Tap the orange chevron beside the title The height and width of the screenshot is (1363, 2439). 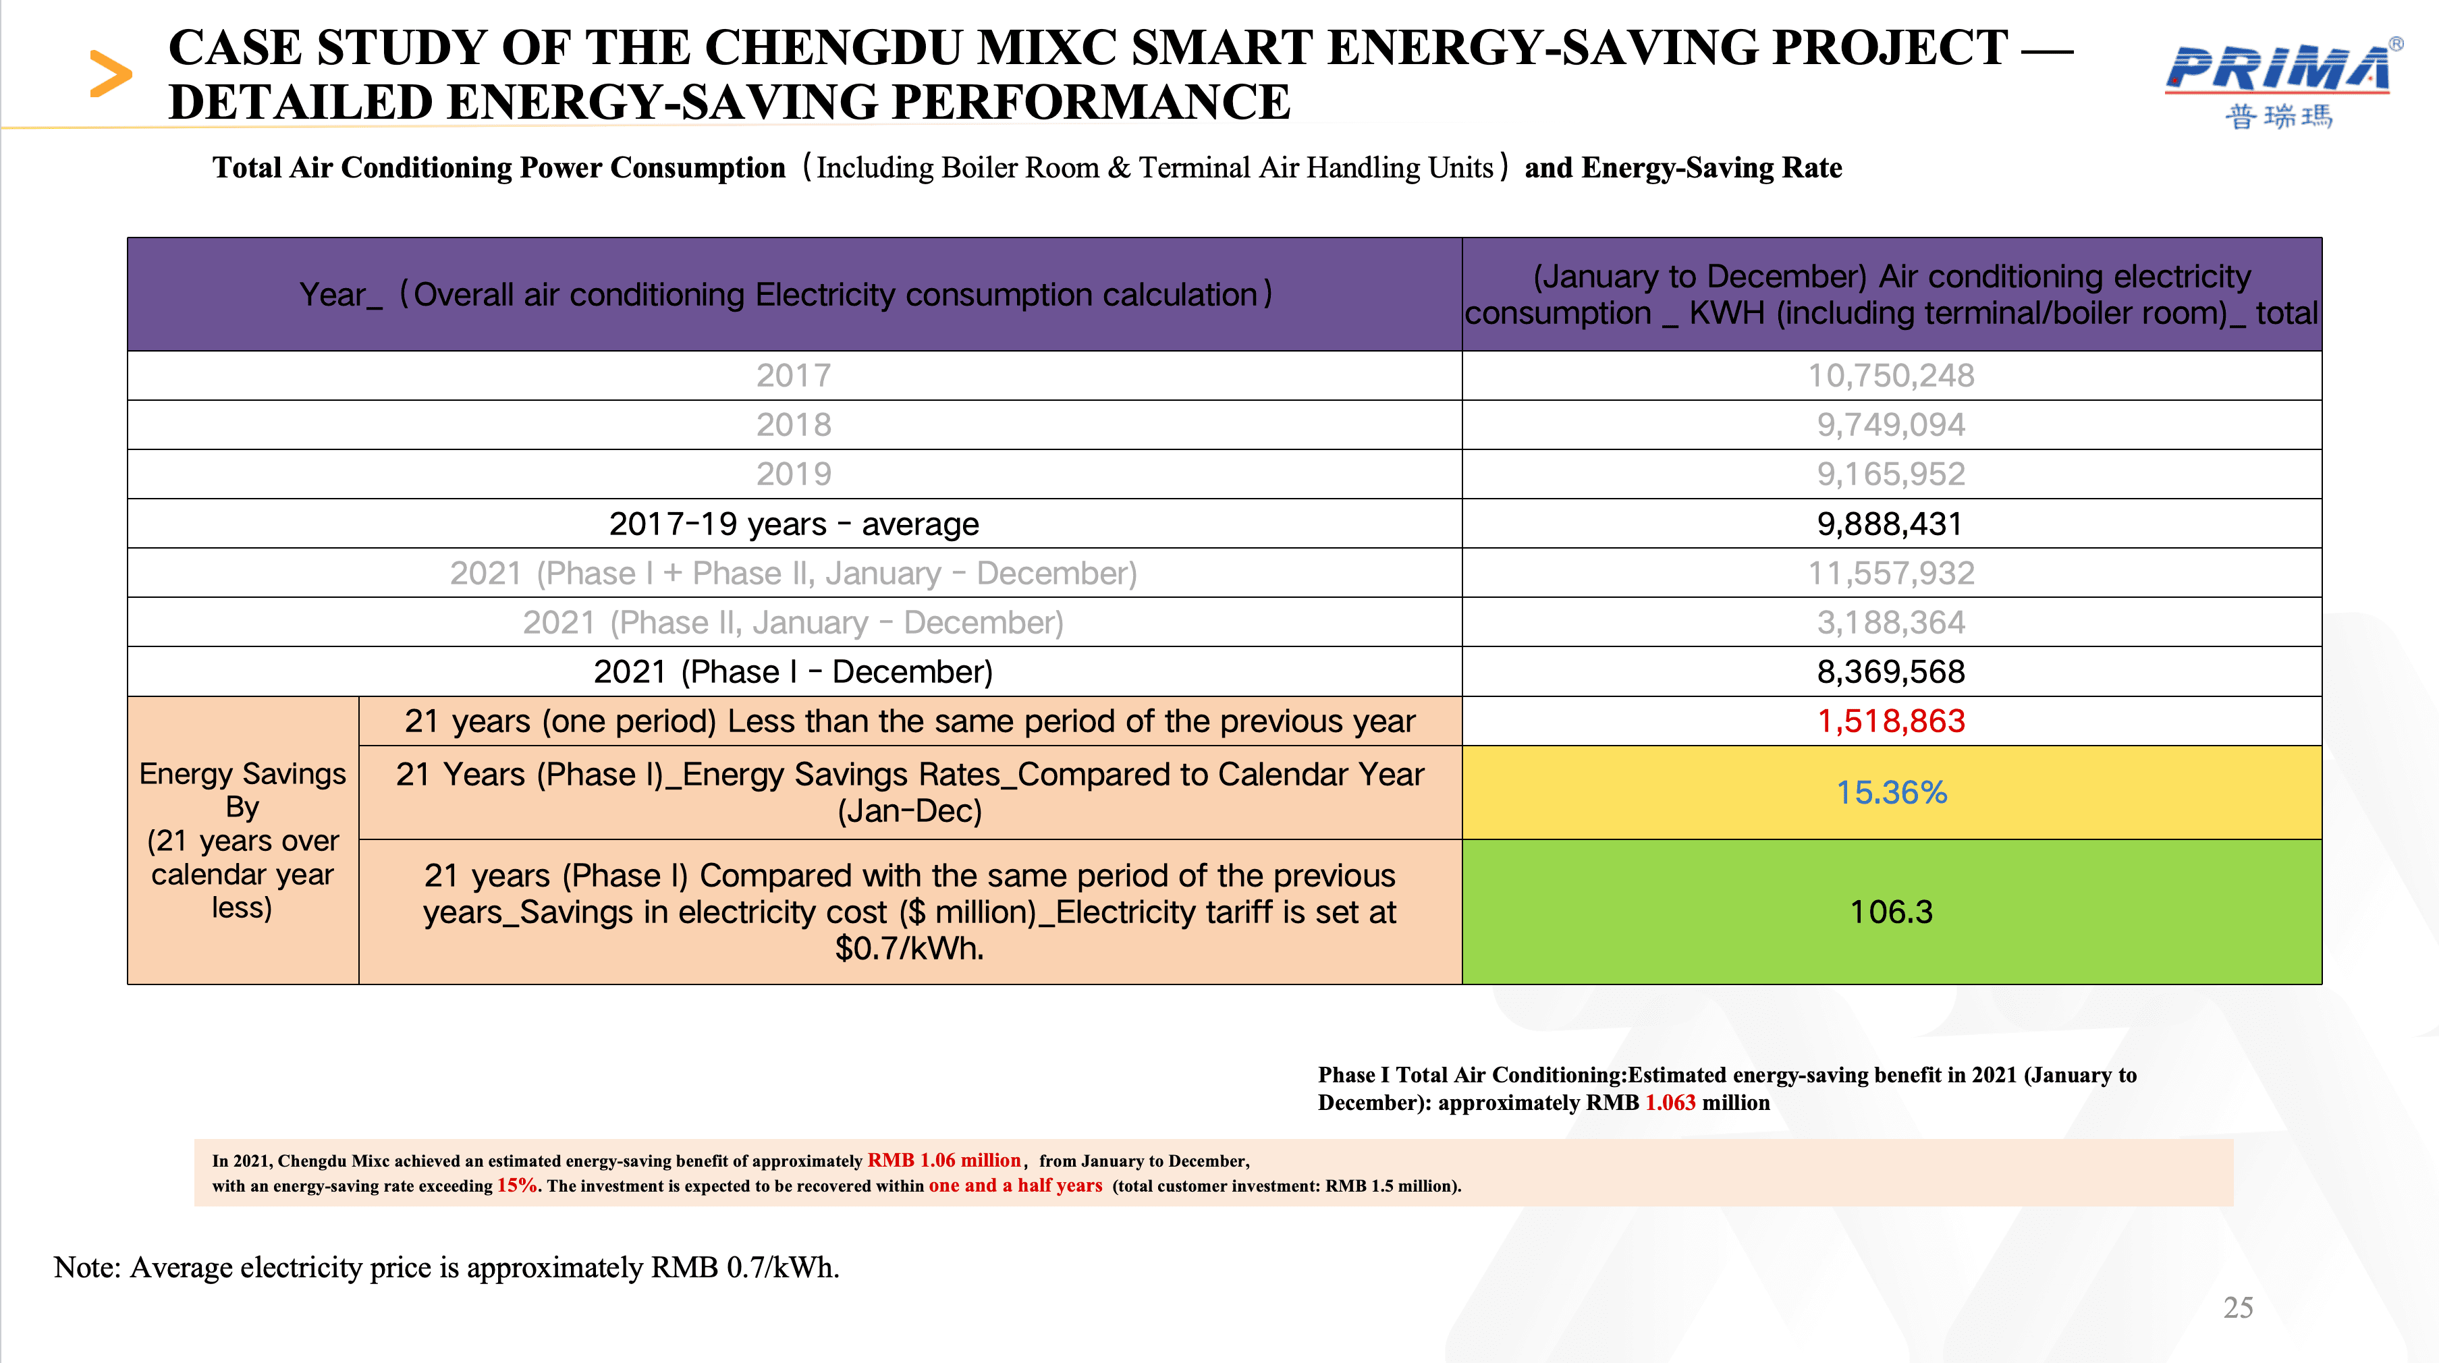[110, 74]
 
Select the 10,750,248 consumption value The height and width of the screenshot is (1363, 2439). [1891, 376]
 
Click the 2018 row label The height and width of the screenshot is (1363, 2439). [794, 425]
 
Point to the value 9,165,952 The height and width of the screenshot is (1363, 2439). [1891, 474]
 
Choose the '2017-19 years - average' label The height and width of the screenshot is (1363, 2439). [794, 524]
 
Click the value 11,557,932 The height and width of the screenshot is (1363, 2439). [1891, 573]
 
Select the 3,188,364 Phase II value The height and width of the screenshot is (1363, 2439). [1891, 622]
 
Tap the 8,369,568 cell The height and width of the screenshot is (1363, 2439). [1891, 671]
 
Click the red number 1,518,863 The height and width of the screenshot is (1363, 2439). [1891, 721]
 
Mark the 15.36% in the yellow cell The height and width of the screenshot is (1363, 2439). [1891, 792]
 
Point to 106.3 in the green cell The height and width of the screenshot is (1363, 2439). [1891, 912]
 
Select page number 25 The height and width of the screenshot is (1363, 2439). [2237, 1307]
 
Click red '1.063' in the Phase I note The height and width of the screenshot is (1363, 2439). [1670, 1103]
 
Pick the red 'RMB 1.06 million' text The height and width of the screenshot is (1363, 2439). [944, 1161]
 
